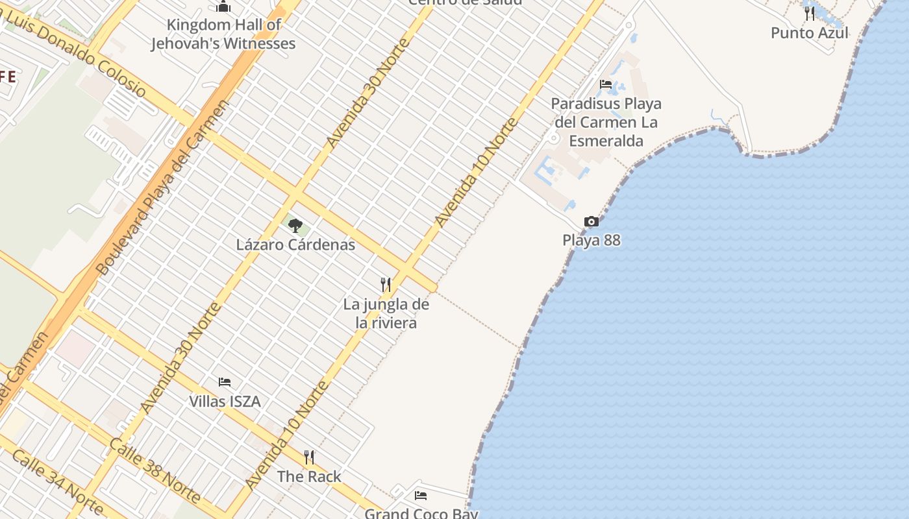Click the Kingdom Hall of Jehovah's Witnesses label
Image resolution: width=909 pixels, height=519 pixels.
pyautogui.click(x=223, y=34)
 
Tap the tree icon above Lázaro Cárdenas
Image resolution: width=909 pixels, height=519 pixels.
pyautogui.click(x=295, y=226)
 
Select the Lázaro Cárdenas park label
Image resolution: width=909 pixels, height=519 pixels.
pyautogui.click(x=295, y=245)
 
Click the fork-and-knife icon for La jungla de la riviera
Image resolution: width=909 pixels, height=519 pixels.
pyautogui.click(x=386, y=284)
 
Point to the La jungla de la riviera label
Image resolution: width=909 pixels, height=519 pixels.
pyautogui.click(x=386, y=313)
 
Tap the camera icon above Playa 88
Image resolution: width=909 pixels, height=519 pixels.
pyautogui.click(x=591, y=222)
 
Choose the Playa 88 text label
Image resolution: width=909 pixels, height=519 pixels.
pyautogui.click(x=591, y=240)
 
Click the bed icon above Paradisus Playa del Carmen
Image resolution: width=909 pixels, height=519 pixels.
pyautogui.click(x=606, y=84)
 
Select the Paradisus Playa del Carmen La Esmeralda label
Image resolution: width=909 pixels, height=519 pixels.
pyautogui.click(x=606, y=122)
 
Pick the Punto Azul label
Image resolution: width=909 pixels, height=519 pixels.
pyautogui.click(x=809, y=32)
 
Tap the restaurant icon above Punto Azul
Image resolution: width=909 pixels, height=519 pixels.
pyautogui.click(x=810, y=13)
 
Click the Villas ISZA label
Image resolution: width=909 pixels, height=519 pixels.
pyautogui.click(x=225, y=402)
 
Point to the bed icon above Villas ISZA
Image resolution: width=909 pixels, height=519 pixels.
pyautogui.click(x=225, y=382)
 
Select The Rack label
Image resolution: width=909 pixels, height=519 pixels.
pyautogui.click(x=309, y=476)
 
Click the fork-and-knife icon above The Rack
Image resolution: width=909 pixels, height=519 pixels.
pyautogui.click(x=309, y=457)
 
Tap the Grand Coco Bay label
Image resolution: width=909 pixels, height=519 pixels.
pyautogui.click(x=421, y=513)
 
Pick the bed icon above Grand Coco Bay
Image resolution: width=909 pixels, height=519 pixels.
pyautogui.click(x=421, y=496)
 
